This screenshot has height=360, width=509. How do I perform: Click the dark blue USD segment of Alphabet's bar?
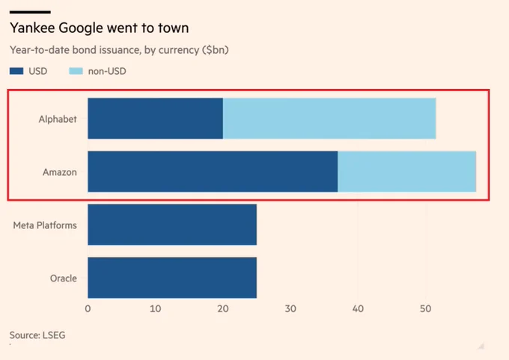155,118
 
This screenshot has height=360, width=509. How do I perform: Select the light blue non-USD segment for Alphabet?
329,118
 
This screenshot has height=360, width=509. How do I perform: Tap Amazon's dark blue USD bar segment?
213,171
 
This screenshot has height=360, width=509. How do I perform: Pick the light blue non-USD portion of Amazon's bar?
406,171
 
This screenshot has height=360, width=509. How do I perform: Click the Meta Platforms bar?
172,225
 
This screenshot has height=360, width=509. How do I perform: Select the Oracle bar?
172,278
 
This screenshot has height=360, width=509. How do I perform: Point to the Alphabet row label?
58,119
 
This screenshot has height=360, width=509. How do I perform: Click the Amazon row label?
60,172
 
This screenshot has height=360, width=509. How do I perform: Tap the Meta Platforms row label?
45,225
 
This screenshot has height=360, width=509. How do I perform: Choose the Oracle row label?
64,278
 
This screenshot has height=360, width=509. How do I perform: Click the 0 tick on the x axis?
88,308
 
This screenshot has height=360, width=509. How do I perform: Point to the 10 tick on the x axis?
156,308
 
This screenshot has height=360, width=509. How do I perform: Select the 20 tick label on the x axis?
223,308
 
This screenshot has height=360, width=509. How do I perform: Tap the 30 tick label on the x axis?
290,308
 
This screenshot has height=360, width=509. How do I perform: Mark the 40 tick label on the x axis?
358,308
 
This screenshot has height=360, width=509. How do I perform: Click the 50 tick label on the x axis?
426,308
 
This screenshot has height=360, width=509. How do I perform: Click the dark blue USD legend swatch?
16,71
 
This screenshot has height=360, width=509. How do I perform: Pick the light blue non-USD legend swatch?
76,71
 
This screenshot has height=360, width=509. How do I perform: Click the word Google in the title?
81,28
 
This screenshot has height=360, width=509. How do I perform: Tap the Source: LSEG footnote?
37,335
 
